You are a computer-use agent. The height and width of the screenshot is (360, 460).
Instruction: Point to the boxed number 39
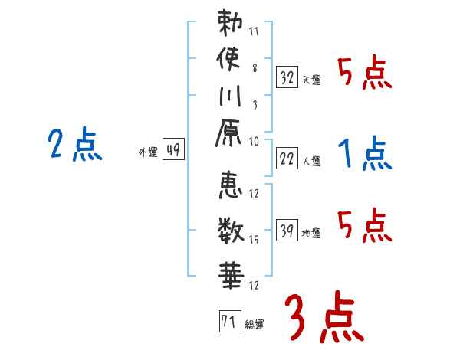coord(287,230)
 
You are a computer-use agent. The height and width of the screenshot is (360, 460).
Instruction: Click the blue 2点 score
coord(75,145)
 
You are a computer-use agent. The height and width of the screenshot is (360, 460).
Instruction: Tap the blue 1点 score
coord(365,155)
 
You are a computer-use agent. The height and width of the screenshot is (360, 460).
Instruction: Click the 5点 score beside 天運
coord(364,74)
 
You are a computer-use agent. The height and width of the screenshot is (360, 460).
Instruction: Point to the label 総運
coord(255,325)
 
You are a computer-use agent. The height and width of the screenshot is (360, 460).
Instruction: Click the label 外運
coord(147,152)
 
